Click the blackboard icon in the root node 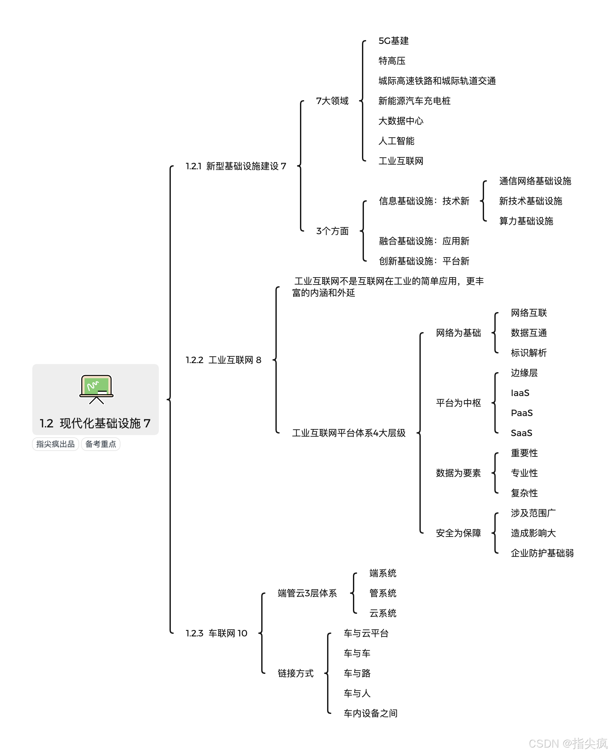coord(97,389)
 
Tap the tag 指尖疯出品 coord(56,444)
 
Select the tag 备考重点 coord(101,444)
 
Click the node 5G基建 coord(394,41)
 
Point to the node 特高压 coord(392,61)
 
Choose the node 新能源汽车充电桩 coord(414,101)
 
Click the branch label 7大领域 coord(332,101)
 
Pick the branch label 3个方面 coord(332,231)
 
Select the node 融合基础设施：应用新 coord(424,241)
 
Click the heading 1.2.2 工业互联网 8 coord(223,360)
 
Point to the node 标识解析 coord(529,353)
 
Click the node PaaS coord(521,413)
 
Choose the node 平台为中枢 coord(458,403)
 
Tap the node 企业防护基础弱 coord(542,553)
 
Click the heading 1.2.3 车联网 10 coord(216,633)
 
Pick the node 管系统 coord(383,593)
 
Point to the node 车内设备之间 coord(370,713)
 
